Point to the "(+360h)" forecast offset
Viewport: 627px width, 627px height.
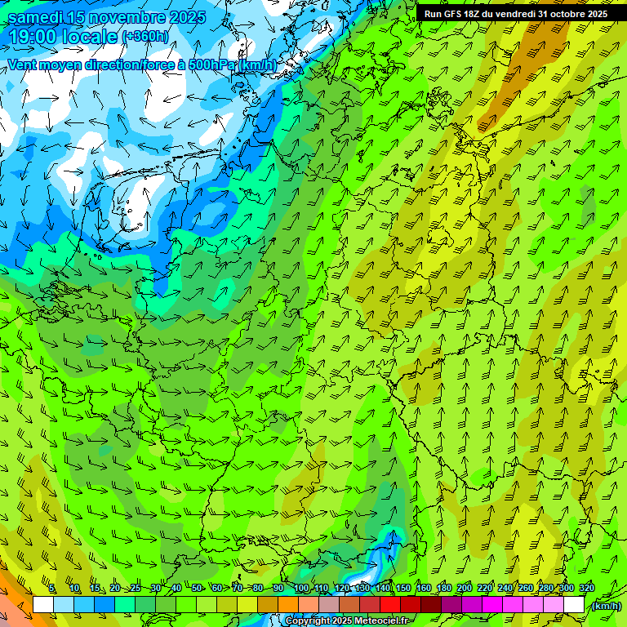click(x=145, y=37)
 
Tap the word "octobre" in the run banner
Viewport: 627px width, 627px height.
click(x=567, y=14)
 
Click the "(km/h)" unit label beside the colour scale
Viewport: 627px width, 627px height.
click(x=606, y=606)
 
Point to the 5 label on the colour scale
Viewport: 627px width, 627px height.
click(x=52, y=589)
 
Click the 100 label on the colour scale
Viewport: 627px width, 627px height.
click(x=300, y=589)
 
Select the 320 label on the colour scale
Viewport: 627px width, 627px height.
click(x=586, y=589)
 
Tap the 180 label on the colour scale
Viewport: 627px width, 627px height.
click(x=443, y=589)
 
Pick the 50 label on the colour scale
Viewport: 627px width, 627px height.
click(x=197, y=589)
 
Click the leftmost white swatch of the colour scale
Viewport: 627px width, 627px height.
click(x=43, y=604)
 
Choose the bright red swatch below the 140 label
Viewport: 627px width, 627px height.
click(x=390, y=604)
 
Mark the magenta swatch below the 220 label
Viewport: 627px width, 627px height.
click(x=492, y=604)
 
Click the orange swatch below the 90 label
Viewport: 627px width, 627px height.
click(x=288, y=604)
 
